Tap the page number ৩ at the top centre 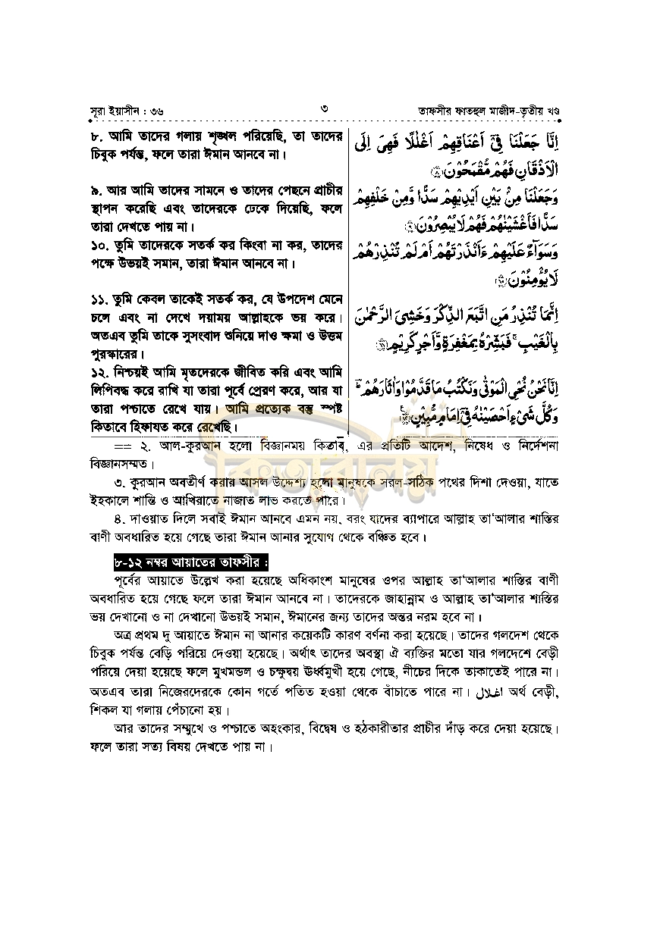point(324,109)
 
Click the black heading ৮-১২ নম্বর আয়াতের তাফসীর point(186,563)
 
